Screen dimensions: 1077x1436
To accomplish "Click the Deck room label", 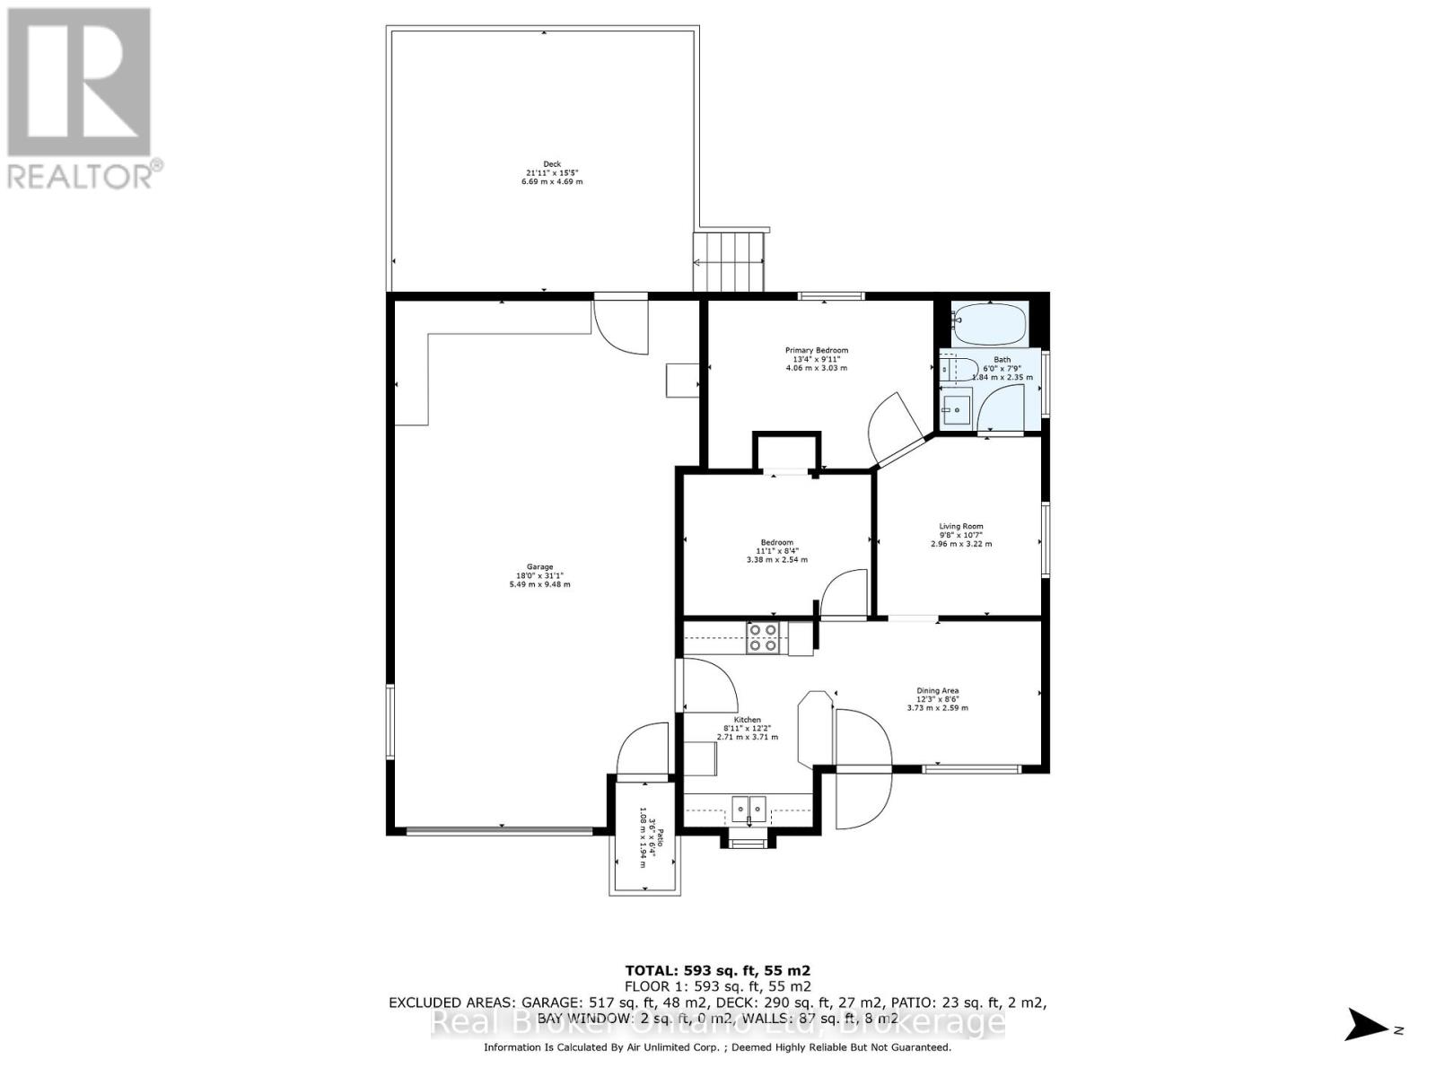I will click(553, 172).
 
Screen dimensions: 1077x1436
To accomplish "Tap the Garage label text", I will click(539, 575).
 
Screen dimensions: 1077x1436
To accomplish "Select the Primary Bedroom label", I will click(816, 359).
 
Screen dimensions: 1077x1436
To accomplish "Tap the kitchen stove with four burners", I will click(763, 637).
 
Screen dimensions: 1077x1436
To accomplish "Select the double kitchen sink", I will click(749, 810).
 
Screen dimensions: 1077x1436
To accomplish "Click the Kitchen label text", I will click(748, 728).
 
